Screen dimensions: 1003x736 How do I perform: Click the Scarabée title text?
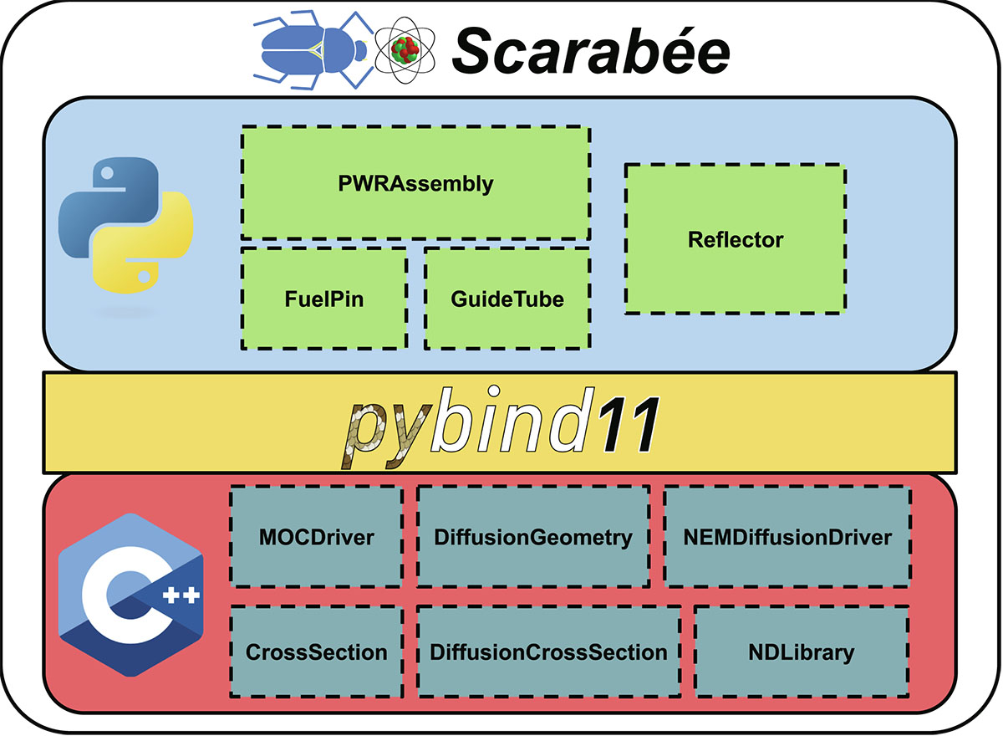tap(591, 50)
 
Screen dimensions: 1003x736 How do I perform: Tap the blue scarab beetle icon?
tap(313, 49)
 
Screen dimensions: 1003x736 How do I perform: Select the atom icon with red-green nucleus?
tap(405, 49)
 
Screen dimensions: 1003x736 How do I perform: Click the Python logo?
tap(126, 225)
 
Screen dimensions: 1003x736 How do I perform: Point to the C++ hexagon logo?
tap(130, 595)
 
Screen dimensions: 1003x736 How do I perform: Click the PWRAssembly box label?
tap(415, 184)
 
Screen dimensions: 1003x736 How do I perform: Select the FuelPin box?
tap(324, 299)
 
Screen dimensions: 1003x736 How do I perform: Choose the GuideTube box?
tap(507, 299)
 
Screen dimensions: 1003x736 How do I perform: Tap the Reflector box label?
tap(736, 240)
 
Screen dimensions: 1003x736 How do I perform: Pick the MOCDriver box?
tap(317, 537)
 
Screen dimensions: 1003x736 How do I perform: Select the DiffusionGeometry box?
tap(533, 537)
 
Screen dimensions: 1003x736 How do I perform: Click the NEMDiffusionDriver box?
tap(787, 537)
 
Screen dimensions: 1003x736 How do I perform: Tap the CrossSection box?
tap(317, 652)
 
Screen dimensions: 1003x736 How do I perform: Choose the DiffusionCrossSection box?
tap(549, 652)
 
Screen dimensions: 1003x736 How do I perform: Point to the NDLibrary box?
tap(802, 652)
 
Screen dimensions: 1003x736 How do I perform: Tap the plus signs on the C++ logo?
tap(181, 595)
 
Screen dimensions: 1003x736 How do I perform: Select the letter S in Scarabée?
tap(478, 51)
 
